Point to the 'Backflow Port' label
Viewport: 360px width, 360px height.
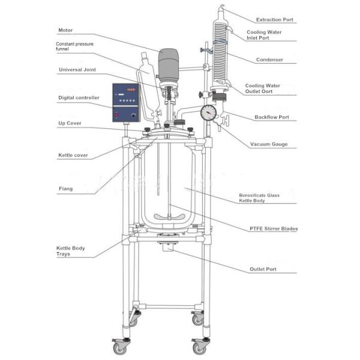coord(275,117)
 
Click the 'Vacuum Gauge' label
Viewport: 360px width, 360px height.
coord(271,144)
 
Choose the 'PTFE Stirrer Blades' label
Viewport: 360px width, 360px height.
coord(274,229)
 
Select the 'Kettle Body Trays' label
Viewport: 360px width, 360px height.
coord(71,251)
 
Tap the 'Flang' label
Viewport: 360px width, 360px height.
coord(65,189)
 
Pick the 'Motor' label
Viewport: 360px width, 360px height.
coord(65,30)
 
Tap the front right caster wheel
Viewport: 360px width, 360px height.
coord(198,347)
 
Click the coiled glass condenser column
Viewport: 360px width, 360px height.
coord(220,54)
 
